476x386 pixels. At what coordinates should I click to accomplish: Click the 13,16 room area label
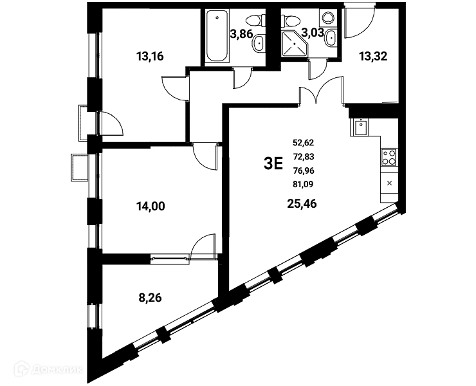pos(150,56)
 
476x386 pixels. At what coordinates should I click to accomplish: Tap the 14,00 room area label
pos(151,207)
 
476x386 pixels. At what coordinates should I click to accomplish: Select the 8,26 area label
pos(150,298)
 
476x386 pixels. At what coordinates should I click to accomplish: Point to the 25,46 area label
pos(302,204)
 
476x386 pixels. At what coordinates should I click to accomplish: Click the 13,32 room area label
pos(373,56)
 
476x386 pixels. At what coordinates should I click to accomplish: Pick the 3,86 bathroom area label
pos(241,33)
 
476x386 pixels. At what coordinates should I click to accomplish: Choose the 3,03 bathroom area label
pos(313,32)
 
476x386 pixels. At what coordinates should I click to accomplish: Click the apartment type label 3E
pos(273,163)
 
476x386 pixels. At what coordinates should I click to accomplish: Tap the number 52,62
pos(303,142)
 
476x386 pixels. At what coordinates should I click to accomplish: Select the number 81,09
pos(303,185)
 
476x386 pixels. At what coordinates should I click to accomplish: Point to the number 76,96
pos(304,170)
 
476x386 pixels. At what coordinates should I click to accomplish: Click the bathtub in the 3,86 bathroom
pos(217,36)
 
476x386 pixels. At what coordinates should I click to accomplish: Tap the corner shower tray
pos(294,44)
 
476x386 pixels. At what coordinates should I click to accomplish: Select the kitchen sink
pos(360,127)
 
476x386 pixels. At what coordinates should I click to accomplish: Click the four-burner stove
pos(389,158)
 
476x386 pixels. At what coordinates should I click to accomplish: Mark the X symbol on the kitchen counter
pos(390,183)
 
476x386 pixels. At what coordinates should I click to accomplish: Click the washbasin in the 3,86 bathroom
pos(259,44)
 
